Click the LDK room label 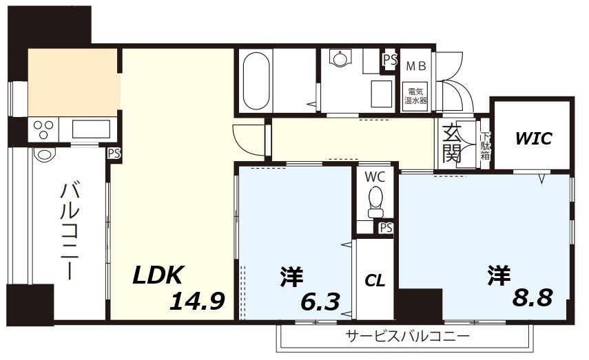point(158,275)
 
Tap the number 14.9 point(197,301)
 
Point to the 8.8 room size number point(533,299)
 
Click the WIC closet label point(534,138)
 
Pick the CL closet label point(375,280)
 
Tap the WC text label point(375,177)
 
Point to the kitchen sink point(90,129)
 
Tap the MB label point(415,67)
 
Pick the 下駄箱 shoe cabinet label point(486,146)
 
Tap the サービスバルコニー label point(408,337)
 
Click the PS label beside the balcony point(114,153)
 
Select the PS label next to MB point(390,60)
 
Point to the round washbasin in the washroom point(339,59)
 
